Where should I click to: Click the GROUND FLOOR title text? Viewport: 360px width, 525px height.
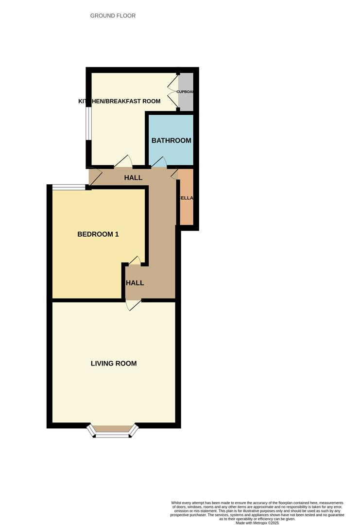113,16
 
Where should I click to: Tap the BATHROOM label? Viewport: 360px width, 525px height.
171,140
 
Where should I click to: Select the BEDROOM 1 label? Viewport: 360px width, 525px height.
98,234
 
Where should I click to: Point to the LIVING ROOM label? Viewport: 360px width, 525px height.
114,363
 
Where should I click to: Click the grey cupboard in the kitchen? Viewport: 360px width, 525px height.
187,91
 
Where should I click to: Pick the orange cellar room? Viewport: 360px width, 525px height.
187,197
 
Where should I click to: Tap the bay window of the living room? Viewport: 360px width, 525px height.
113,433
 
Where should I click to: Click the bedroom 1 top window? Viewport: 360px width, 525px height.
69,186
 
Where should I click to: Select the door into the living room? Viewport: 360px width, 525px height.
133,304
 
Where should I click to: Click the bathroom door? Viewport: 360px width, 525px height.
159,163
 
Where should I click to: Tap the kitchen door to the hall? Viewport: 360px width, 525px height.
123,161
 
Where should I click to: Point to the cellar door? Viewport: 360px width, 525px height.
175,173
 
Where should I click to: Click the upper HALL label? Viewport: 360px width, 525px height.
133,177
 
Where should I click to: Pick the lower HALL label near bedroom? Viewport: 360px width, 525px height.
135,282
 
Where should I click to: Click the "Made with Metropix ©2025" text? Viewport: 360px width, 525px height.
257,523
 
